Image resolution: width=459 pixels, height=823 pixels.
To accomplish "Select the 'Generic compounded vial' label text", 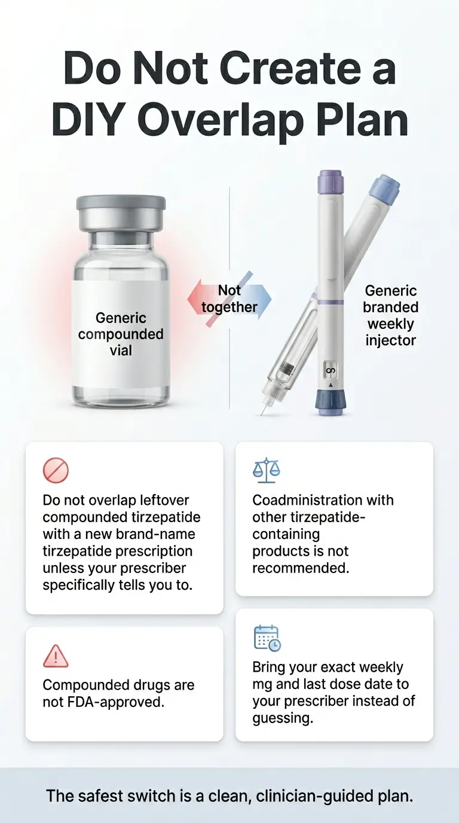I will point(121,334).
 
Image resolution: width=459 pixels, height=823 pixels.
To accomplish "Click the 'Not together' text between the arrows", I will point(229,299).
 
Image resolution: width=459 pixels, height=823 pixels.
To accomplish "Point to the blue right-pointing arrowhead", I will point(264,297).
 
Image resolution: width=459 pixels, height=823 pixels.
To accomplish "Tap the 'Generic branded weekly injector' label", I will point(392,316).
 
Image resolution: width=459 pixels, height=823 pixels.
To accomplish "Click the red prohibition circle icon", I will point(56,471).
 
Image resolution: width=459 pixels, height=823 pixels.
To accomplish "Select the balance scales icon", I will point(266,471).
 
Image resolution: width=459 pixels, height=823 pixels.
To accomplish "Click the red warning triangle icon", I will point(56,656).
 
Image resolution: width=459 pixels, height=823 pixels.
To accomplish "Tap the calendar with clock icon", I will point(267,638).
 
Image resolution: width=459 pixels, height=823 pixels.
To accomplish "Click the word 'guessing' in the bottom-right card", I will point(282,718).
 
